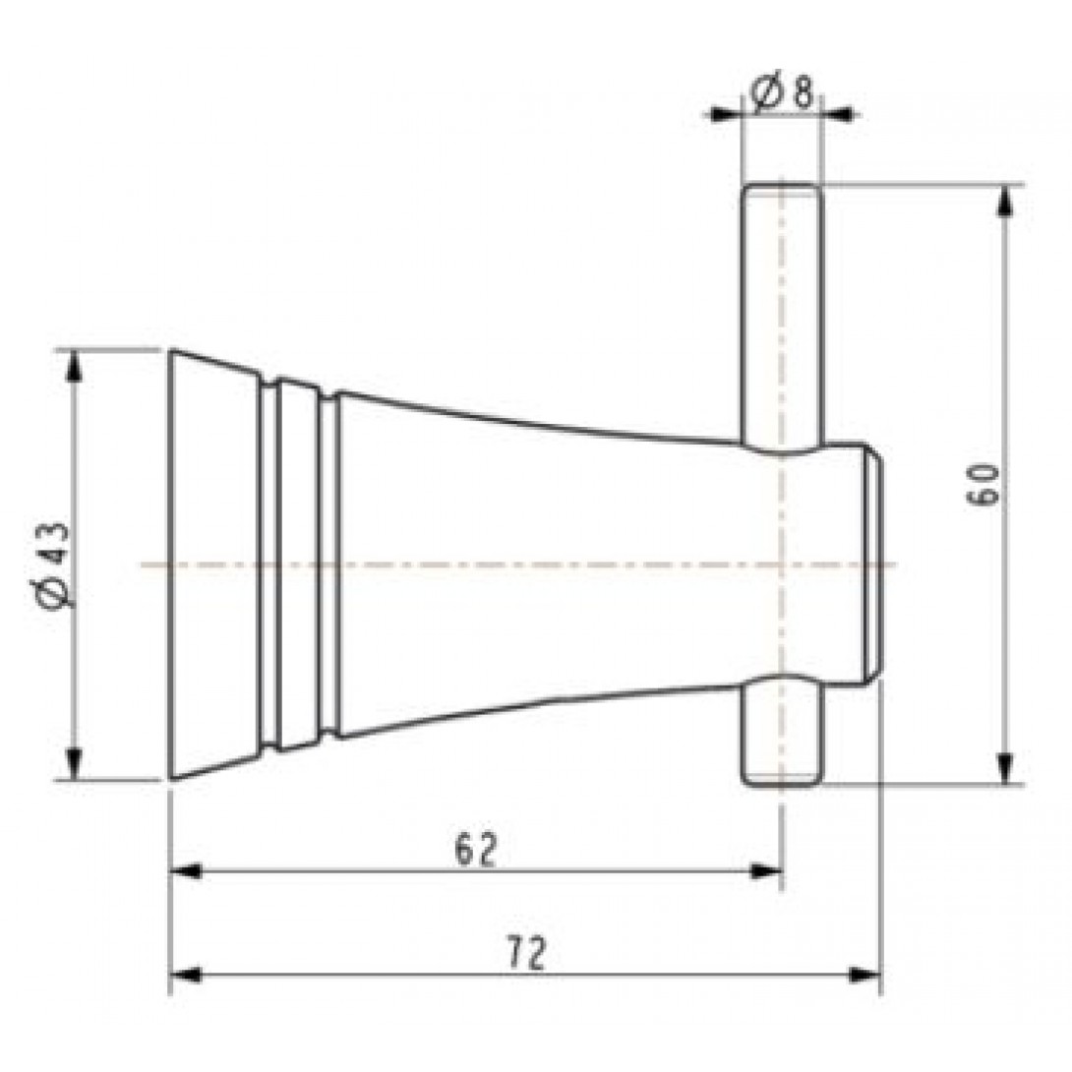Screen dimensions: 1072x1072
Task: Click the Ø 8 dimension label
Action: (782, 92)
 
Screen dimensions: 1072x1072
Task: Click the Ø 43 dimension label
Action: (55, 565)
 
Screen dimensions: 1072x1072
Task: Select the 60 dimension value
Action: (986, 484)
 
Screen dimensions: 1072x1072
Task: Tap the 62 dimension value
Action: (476, 848)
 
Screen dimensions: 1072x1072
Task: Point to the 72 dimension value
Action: (527, 952)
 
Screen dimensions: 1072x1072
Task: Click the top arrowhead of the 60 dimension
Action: (1004, 198)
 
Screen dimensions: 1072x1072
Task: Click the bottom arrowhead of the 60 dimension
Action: (1004, 770)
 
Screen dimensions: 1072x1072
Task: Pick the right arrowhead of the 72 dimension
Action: (865, 975)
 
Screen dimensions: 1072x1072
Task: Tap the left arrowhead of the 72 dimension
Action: (186, 975)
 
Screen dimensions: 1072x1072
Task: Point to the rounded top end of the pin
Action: (781, 187)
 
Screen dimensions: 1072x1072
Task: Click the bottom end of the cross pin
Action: (781, 783)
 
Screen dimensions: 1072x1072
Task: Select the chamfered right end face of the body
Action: (875, 565)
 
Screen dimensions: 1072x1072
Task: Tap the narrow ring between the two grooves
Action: (299, 565)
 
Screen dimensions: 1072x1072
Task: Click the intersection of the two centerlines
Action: (781, 565)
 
